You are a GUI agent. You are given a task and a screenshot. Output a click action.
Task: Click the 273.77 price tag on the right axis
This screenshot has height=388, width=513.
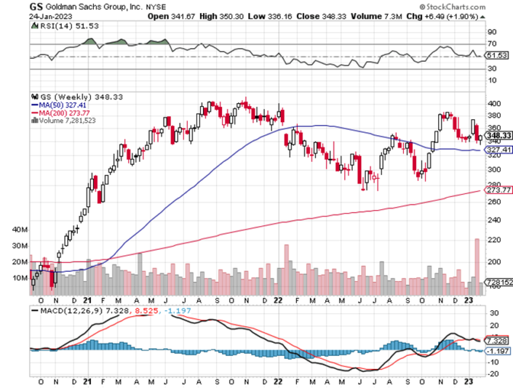point(496,190)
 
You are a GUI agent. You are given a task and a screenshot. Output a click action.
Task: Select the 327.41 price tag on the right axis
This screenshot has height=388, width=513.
point(496,150)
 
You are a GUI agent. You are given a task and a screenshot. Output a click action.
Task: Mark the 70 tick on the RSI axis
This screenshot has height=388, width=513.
point(491,44)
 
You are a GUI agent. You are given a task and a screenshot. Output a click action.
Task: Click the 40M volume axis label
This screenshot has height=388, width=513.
point(20,229)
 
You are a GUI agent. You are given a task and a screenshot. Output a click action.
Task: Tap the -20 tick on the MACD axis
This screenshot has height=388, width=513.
point(493,374)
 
